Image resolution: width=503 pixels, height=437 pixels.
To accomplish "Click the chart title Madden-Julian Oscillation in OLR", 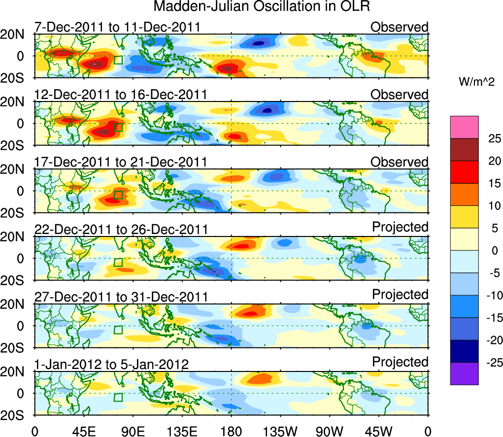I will tap(262, 7).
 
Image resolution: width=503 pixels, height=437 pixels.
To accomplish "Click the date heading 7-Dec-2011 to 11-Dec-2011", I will tap(117, 27).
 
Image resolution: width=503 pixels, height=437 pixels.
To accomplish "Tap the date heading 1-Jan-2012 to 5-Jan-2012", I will tap(112, 364).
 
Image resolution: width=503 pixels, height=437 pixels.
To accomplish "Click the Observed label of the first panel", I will tap(400, 27).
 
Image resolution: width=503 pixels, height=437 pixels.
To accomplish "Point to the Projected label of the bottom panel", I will tap(400, 362).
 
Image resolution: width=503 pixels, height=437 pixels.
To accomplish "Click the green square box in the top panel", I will tap(118, 60).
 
